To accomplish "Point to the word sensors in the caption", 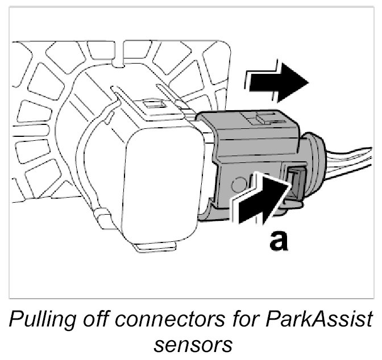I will (x=191, y=344).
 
